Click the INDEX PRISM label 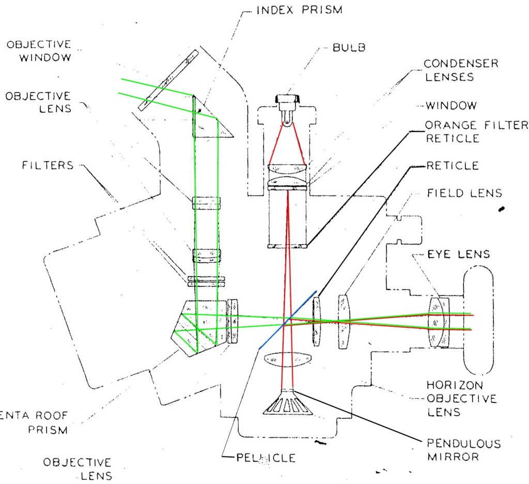(x=299, y=10)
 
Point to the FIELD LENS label (x=464, y=193)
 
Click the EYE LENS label (x=452, y=254)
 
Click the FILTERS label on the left (x=48, y=166)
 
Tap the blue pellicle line (x=287, y=321)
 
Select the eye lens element (x=439, y=322)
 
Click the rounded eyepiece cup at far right (x=478, y=319)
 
